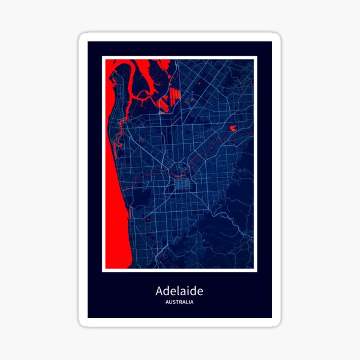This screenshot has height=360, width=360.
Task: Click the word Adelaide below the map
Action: click(179, 291)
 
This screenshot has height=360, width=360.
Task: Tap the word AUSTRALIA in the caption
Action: click(179, 302)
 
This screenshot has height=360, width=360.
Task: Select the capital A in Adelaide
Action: click(160, 292)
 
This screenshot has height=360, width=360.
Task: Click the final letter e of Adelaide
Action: click(200, 292)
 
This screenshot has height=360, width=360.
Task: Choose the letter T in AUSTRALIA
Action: click(178, 302)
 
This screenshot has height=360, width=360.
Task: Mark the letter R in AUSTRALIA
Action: click(181, 302)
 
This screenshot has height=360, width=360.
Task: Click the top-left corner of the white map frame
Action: click(103, 57)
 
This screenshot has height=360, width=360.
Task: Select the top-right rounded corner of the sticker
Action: click(277, 37)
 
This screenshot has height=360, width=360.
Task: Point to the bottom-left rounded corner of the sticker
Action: click(83, 322)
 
